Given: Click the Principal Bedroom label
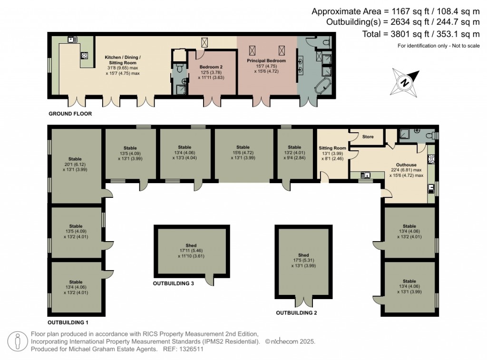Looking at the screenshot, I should pyautogui.click(x=266, y=61).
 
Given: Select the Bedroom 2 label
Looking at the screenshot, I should pyautogui.click(x=211, y=67).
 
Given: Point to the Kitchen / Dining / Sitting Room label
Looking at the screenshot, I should pyautogui.click(x=123, y=60).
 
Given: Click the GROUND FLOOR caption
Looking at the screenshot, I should pyautogui.click(x=70, y=114).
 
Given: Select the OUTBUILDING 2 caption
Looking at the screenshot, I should pyautogui.click(x=297, y=313).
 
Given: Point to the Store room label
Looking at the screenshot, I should pyautogui.click(x=368, y=137).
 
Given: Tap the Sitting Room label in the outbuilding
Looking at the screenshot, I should pyautogui.click(x=332, y=148).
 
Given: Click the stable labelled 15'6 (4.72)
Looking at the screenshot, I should pyautogui.click(x=243, y=153).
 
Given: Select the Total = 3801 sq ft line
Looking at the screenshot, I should pyautogui.click(x=404, y=33).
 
